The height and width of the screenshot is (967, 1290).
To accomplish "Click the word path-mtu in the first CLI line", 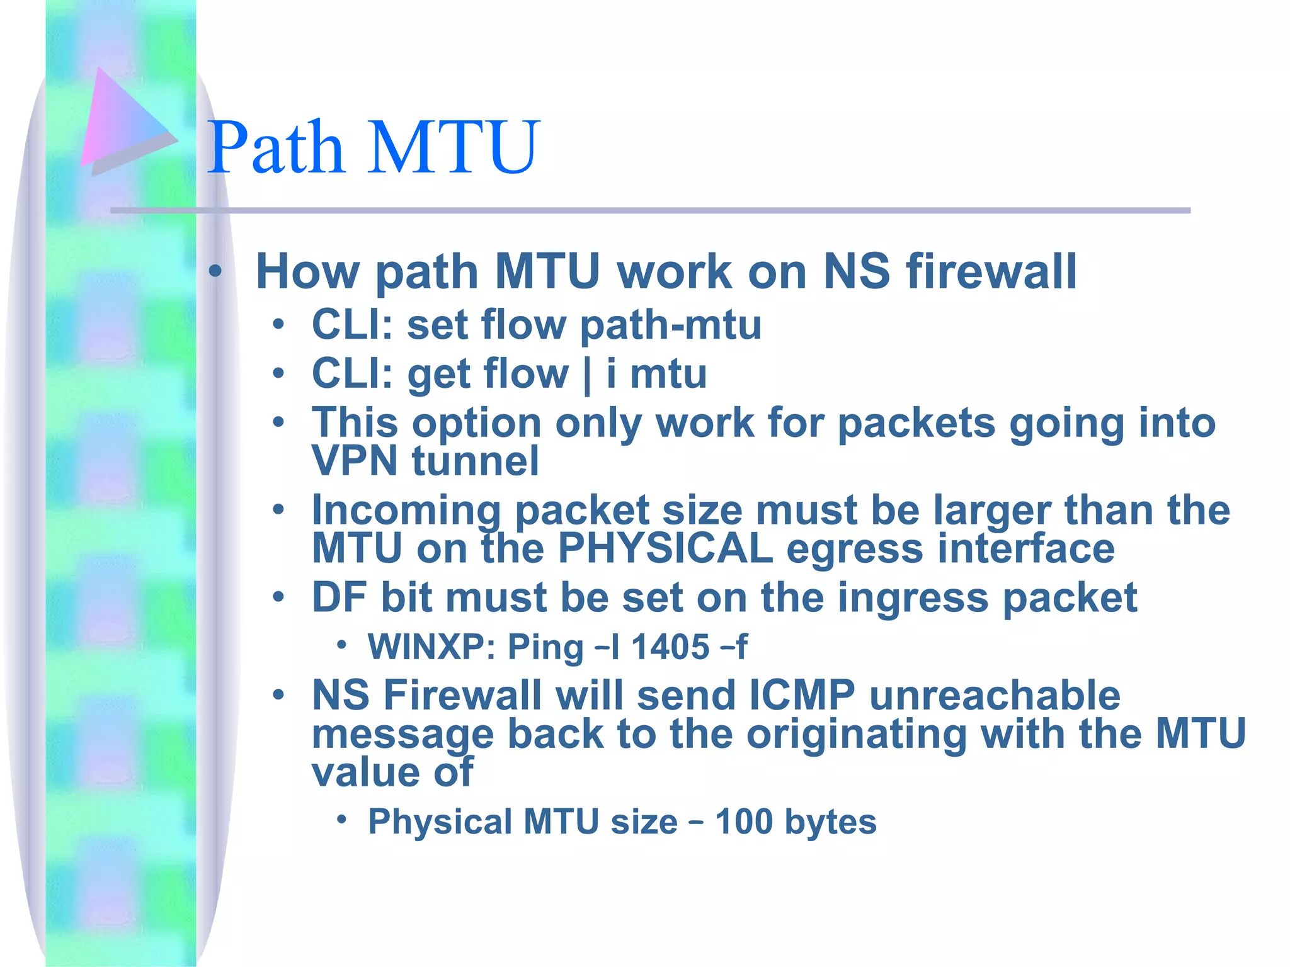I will [x=670, y=325].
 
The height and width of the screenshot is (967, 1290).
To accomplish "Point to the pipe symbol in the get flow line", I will [x=587, y=375].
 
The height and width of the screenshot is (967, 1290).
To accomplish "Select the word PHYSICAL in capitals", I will [x=665, y=548].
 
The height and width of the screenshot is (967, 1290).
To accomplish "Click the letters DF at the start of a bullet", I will [x=339, y=597].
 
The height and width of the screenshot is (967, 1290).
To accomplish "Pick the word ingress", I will [x=913, y=599].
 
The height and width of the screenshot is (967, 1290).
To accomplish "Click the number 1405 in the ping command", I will [x=670, y=647].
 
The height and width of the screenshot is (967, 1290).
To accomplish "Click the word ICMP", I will [x=802, y=696].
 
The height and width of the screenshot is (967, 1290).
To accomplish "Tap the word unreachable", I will [x=995, y=696].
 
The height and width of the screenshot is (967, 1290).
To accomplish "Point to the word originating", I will [x=856, y=735].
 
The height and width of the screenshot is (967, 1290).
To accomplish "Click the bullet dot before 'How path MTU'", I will [x=215, y=272].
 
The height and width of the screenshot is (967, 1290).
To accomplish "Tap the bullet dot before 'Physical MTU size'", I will [x=341, y=819].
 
